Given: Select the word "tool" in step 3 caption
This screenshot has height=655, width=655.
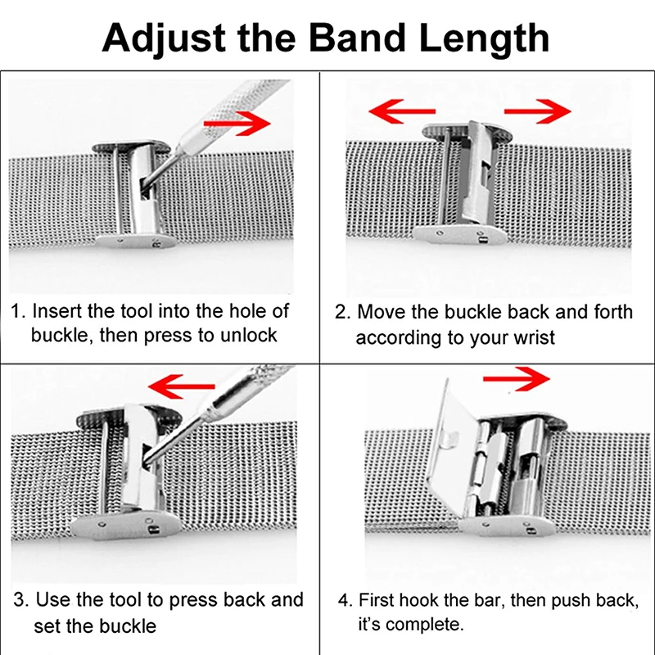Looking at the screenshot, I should point(127,600).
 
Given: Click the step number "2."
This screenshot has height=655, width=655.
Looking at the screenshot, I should point(343,312).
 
